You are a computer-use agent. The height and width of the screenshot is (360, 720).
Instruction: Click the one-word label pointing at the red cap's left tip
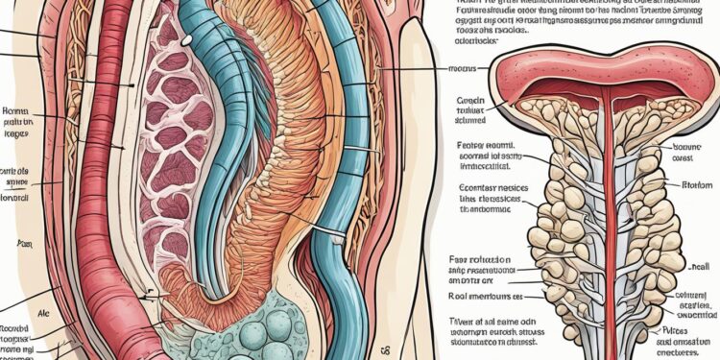[x=465, y=69]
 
